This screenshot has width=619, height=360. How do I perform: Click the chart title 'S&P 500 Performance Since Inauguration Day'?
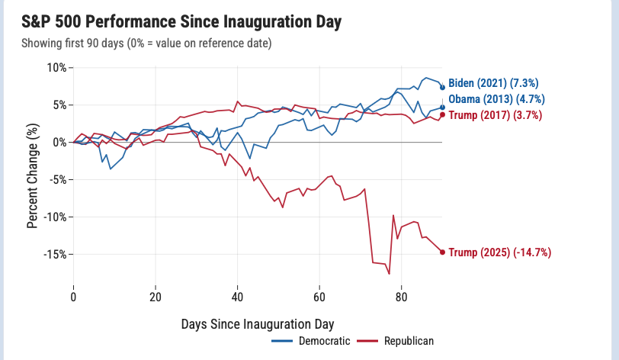click(x=181, y=21)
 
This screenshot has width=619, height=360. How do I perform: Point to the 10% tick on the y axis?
click(x=57, y=68)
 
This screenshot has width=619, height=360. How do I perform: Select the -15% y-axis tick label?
click(x=55, y=254)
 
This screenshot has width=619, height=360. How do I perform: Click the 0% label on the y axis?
click(x=59, y=143)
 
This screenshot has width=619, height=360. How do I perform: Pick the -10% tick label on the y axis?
click(x=55, y=217)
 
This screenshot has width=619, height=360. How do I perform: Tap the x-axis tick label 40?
click(x=237, y=297)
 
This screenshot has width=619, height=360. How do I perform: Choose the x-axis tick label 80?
click(x=401, y=297)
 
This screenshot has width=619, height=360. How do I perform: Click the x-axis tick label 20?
click(x=156, y=297)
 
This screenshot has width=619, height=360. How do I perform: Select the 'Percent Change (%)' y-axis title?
click(x=32, y=176)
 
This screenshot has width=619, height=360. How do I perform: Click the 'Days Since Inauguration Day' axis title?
click(x=258, y=324)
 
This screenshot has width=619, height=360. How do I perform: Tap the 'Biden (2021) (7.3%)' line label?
click(x=493, y=83)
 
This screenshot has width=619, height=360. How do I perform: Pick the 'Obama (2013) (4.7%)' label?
click(x=496, y=99)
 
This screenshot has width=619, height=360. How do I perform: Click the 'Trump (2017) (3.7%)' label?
click(x=496, y=115)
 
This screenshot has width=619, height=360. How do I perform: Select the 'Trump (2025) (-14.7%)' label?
click(x=500, y=252)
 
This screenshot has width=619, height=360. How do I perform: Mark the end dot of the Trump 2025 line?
click(x=442, y=252)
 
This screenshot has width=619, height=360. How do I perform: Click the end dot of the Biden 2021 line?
click(x=442, y=88)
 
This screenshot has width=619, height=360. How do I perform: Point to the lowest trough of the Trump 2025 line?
click(x=390, y=274)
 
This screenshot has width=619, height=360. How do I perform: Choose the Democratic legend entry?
click(x=311, y=341)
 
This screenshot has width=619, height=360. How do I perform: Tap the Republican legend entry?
click(x=395, y=341)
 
